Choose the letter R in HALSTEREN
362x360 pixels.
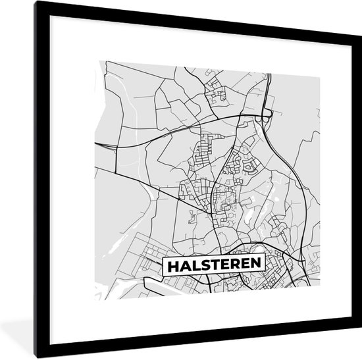pos(235,266)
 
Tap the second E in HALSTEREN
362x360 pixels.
pos(245,266)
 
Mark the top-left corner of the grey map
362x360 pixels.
pos(96,59)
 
